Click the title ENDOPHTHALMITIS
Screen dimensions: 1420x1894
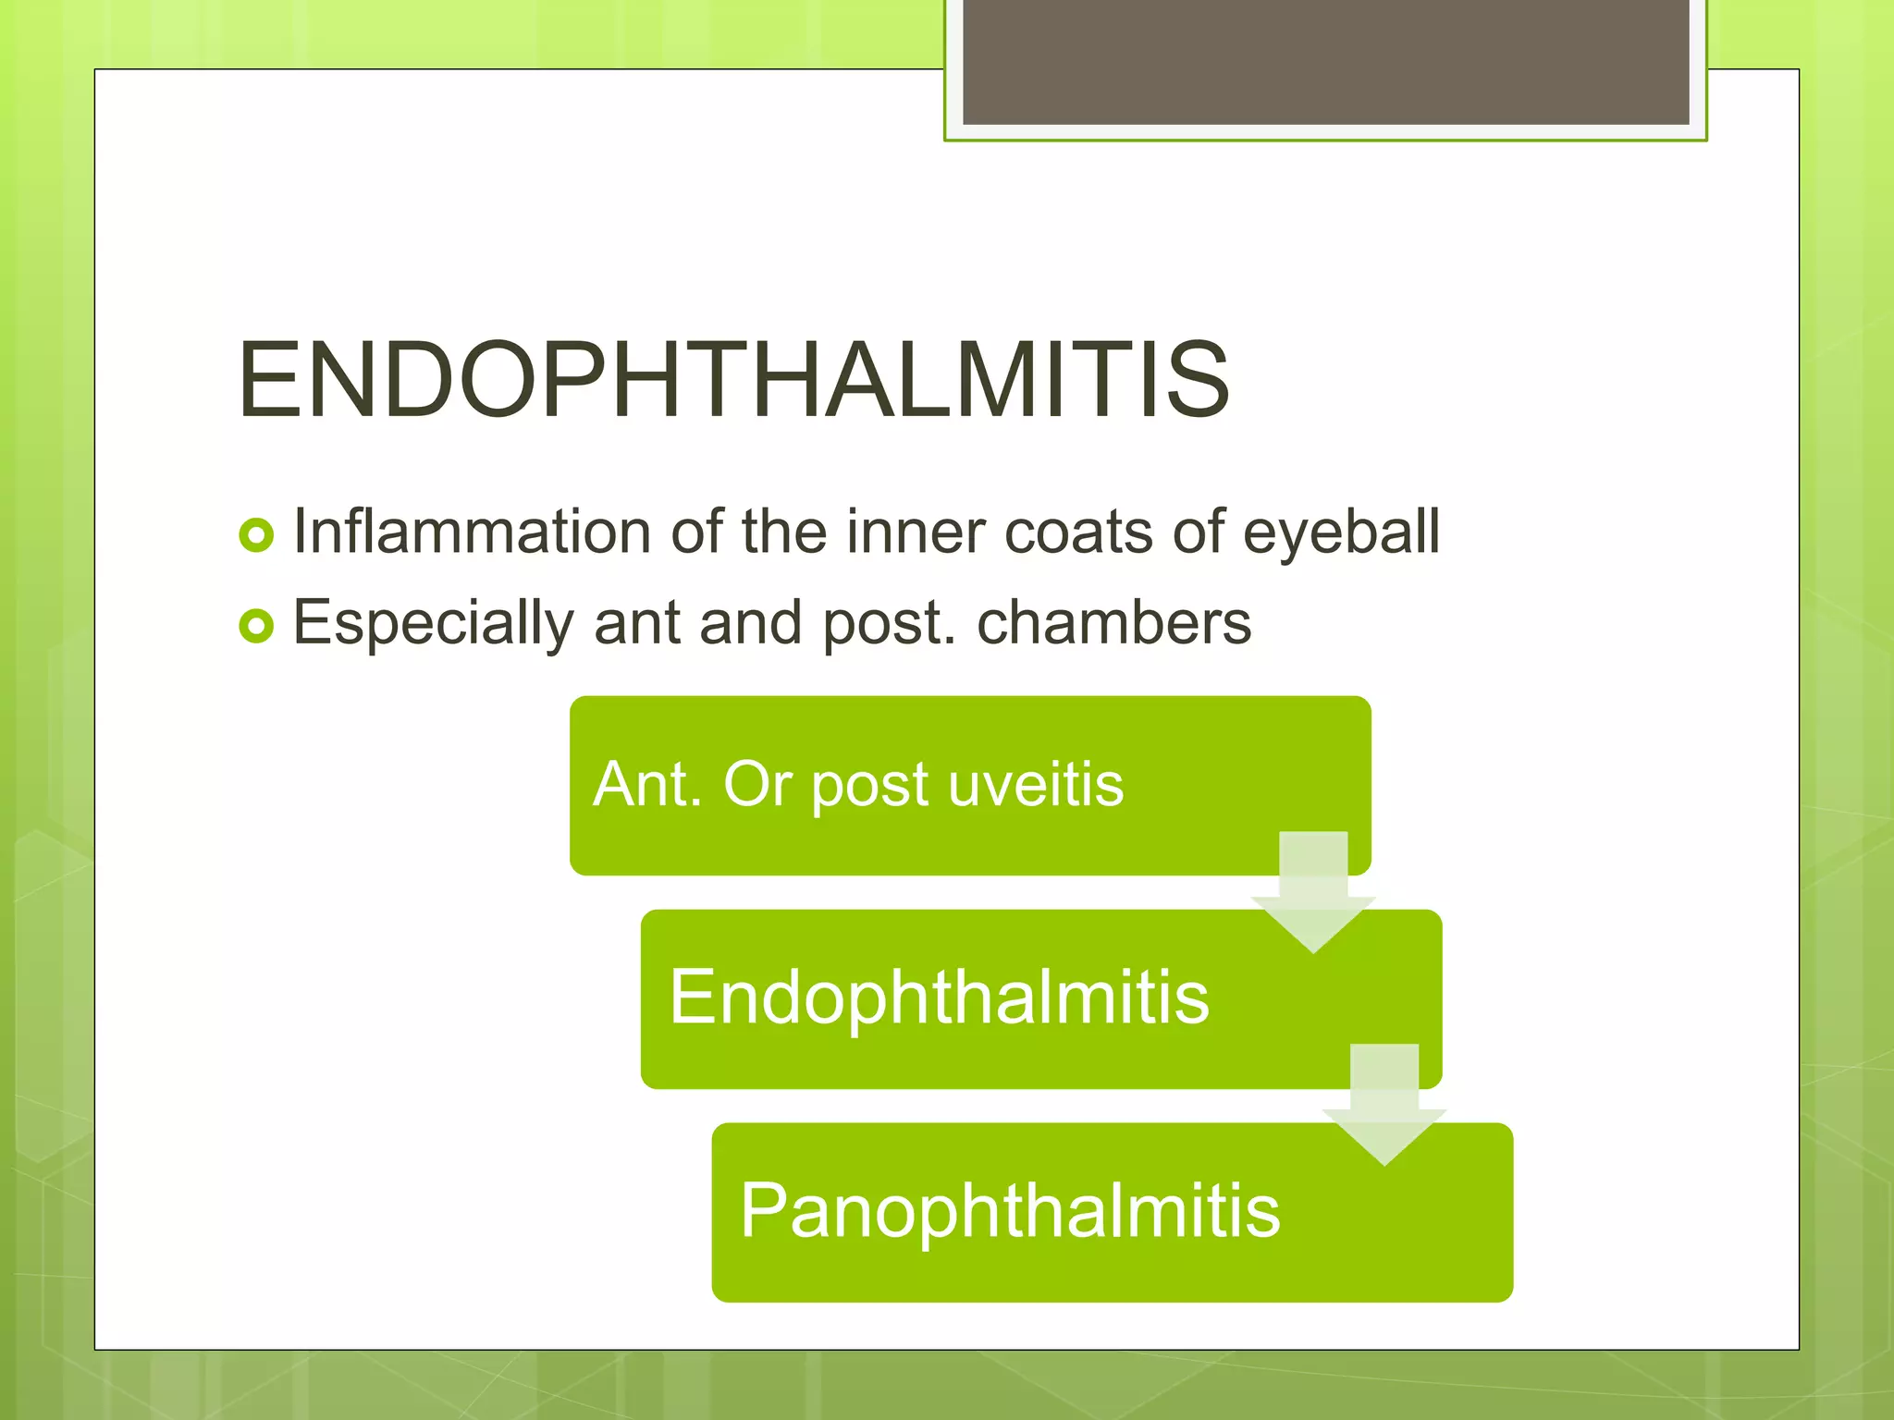(x=732, y=380)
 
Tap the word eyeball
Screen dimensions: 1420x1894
(x=1341, y=534)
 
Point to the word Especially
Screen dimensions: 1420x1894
(x=433, y=623)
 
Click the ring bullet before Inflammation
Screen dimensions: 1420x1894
(x=256, y=535)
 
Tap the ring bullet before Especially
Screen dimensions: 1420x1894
(x=256, y=626)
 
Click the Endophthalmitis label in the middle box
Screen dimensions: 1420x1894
(x=939, y=998)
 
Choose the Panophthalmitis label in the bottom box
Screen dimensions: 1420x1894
(x=1010, y=1211)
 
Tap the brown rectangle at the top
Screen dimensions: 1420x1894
(x=1325, y=61)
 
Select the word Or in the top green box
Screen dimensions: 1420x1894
(x=756, y=785)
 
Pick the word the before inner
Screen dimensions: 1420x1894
(x=783, y=532)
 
